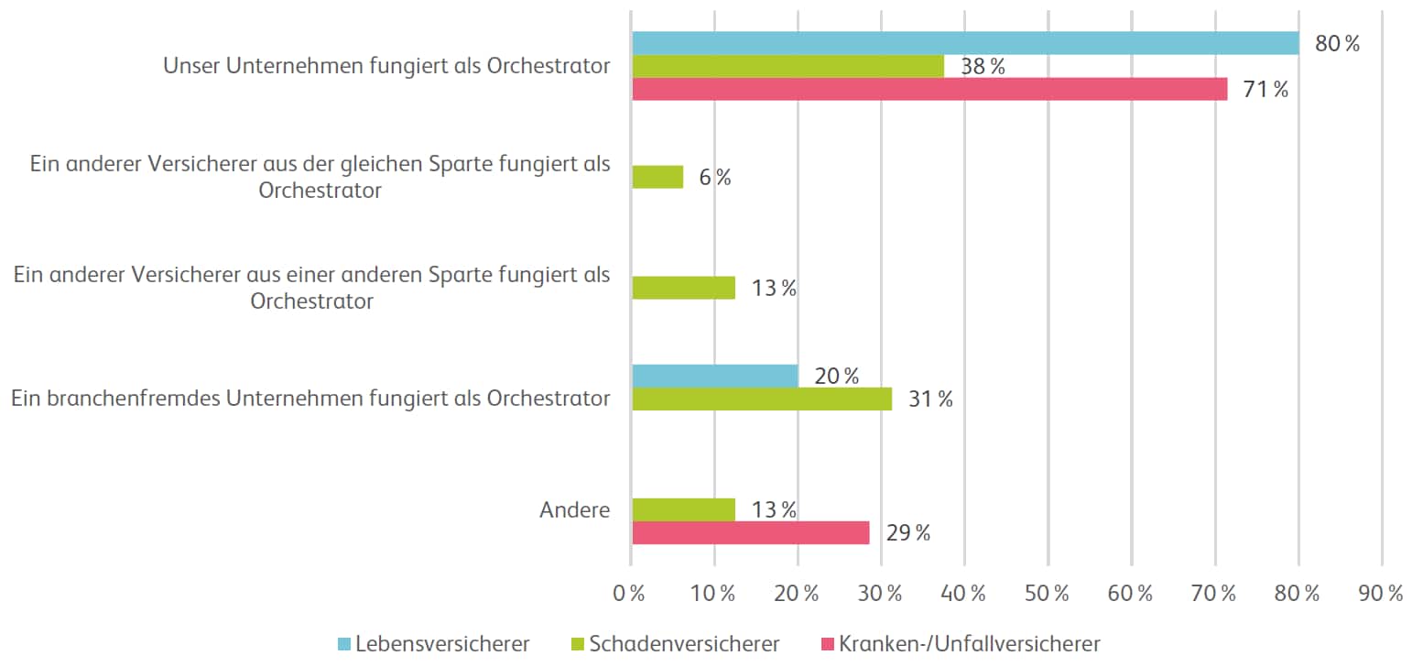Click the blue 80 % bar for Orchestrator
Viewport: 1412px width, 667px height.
click(965, 43)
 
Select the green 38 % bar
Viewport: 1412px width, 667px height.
click(787, 66)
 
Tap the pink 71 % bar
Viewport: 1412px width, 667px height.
click(929, 89)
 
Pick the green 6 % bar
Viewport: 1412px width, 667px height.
click(657, 177)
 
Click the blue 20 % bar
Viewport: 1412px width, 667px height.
click(715, 376)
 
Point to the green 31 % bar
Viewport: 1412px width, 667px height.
click(762, 399)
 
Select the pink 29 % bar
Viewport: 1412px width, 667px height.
click(751, 532)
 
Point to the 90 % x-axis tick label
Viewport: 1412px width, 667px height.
click(1382, 593)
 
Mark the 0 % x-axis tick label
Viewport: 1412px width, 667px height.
click(631, 593)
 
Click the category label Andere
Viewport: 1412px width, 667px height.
click(575, 510)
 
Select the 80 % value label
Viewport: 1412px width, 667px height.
click(1338, 43)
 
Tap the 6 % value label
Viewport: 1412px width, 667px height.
click(715, 178)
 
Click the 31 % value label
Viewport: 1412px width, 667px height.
click(930, 399)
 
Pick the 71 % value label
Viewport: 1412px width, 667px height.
click(1266, 90)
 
